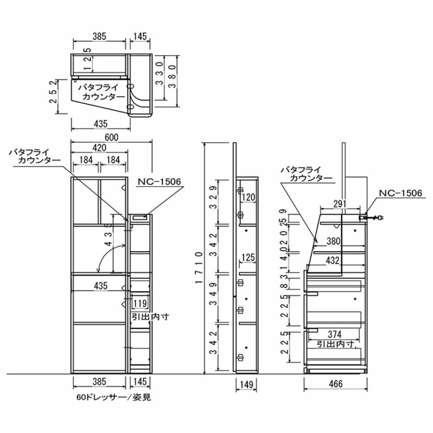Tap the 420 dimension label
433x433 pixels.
[100, 149]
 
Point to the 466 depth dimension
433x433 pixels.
[336, 383]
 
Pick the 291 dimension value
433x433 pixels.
[340, 204]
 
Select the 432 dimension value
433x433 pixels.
[332, 261]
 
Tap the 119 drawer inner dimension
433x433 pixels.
[140, 304]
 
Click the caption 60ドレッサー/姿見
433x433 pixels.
[110, 398]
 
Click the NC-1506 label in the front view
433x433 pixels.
[159, 182]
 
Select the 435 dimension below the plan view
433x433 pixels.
[100, 124]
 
